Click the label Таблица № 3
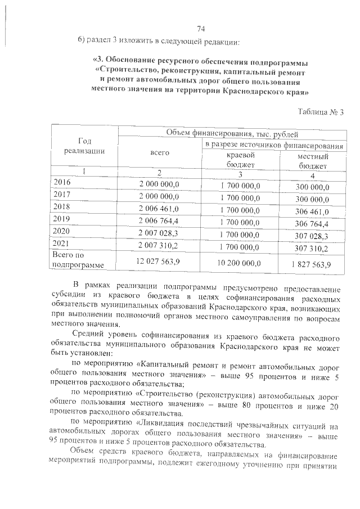point(319,112)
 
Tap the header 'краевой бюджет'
point(241,159)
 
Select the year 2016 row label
point(62,182)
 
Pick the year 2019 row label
point(62,218)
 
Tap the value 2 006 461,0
point(159,208)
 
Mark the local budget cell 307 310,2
point(313,247)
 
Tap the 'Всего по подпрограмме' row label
point(75,259)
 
